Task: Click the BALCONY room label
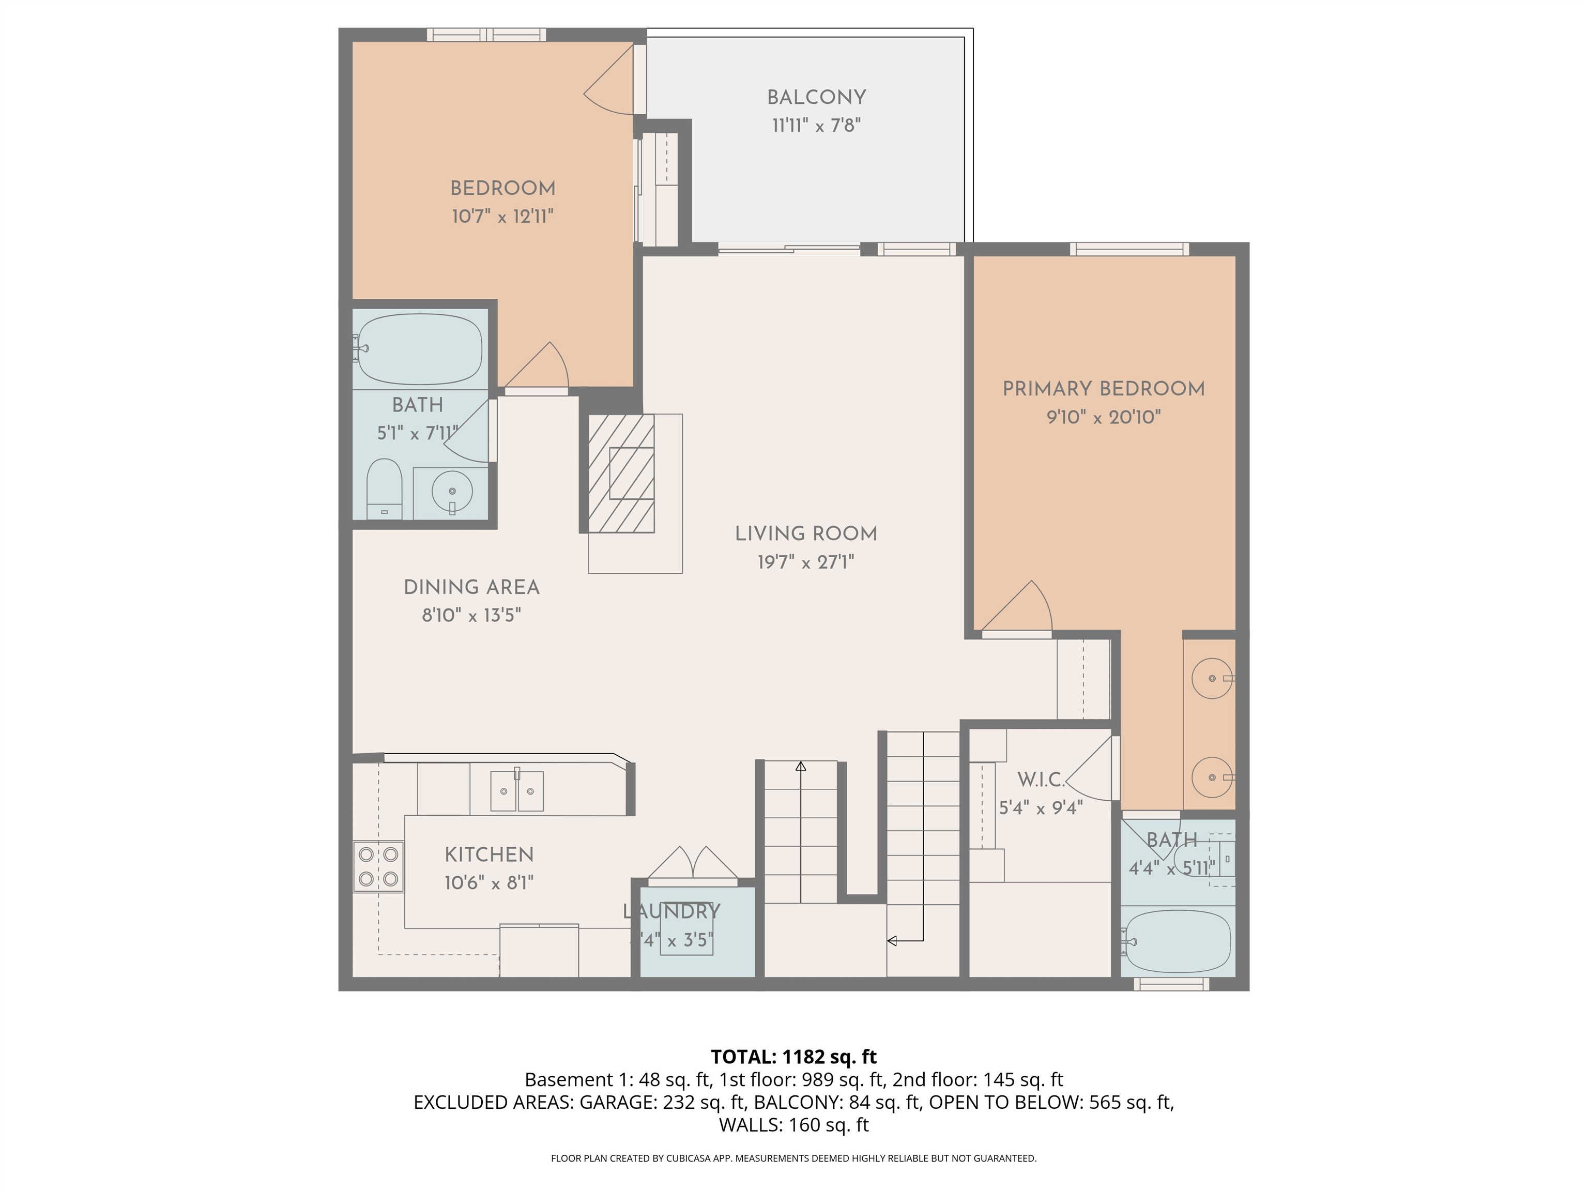pos(816,98)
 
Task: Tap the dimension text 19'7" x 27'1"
pos(805,562)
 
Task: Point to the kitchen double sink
pos(517,790)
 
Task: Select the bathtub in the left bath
pos(420,349)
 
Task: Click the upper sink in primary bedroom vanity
pos(1212,678)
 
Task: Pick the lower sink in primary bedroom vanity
pos(1212,777)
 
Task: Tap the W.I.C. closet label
pos(1040,780)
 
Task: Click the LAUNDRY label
pos(671,912)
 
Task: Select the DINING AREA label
pos(471,587)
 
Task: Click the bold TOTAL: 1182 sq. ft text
pos(793,1057)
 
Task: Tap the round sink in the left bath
pos(452,492)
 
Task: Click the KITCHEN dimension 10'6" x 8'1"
pos(489,883)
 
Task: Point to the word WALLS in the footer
pos(750,1125)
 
